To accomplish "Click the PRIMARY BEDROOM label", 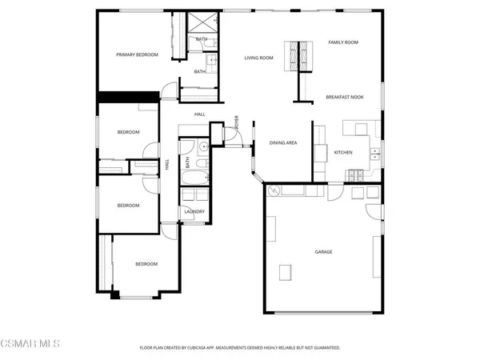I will (137, 54).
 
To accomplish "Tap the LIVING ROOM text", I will (259, 58).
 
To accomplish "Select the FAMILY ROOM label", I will (343, 42).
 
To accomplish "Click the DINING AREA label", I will (283, 142).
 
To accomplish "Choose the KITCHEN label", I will (343, 152).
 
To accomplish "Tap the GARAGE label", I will (323, 252).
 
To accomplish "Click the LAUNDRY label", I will (194, 212).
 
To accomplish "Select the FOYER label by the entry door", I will (237, 122).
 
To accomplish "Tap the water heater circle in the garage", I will (274, 190).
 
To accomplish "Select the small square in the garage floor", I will (285, 273).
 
